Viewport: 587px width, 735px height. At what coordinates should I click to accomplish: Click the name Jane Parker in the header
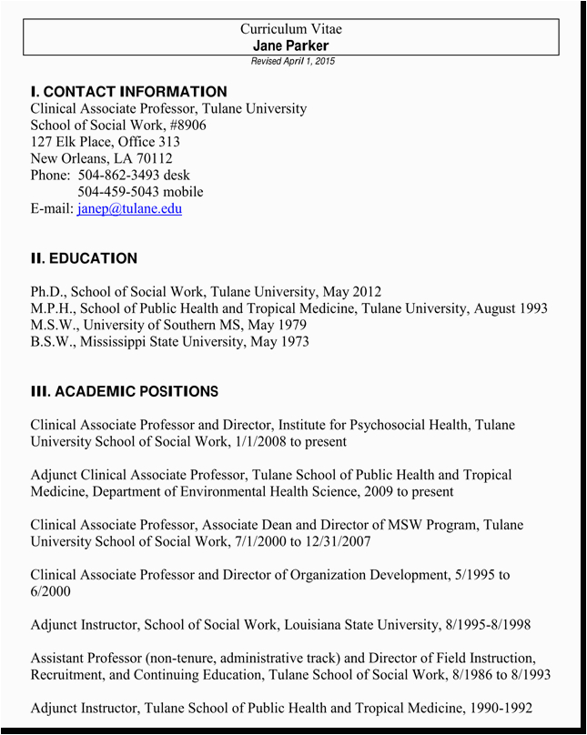(291, 45)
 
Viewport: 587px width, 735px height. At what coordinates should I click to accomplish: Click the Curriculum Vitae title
(291, 29)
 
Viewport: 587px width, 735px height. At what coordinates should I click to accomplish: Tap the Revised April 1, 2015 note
(292, 61)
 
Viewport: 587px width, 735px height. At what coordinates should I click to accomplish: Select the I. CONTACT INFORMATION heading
(128, 92)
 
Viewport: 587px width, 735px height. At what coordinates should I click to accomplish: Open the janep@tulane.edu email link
(129, 208)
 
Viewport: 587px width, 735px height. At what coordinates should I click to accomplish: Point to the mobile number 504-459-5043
(119, 192)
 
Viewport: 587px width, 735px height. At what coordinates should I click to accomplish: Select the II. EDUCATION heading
(84, 258)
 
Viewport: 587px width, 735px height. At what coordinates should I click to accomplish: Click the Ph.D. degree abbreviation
(46, 292)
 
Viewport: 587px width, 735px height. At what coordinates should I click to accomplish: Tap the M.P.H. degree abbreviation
(52, 308)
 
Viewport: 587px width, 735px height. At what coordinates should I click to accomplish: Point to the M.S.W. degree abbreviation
(52, 325)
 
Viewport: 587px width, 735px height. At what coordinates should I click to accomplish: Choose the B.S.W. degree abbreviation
(51, 342)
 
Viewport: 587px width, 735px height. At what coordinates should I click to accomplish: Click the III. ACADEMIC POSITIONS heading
(124, 392)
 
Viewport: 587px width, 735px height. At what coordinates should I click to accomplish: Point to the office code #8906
(188, 125)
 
